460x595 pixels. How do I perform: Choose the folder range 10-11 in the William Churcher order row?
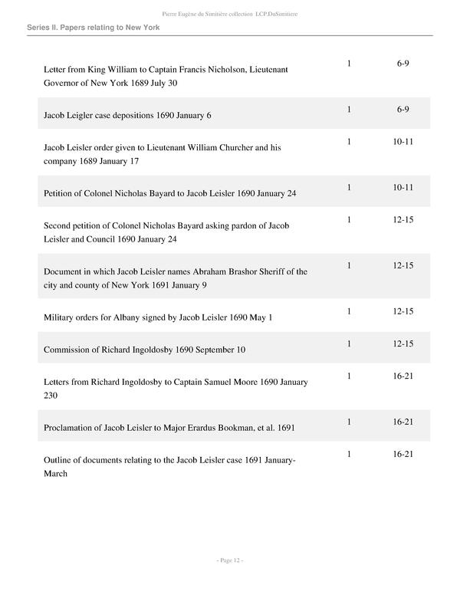[x=403, y=142]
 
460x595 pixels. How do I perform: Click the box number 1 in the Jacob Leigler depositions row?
[x=349, y=110]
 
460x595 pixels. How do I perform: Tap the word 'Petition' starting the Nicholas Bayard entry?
[x=61, y=193]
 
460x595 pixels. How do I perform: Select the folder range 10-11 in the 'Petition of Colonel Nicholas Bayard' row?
[x=403, y=188]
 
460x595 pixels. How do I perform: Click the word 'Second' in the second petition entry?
[x=59, y=226]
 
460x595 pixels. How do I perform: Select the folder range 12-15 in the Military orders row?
[x=403, y=311]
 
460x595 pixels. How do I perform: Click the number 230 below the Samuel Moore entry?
[x=51, y=396]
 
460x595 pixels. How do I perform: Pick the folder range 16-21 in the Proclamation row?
[x=403, y=422]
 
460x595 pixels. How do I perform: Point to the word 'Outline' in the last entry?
[x=60, y=460]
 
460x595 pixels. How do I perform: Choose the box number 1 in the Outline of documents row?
[x=349, y=455]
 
